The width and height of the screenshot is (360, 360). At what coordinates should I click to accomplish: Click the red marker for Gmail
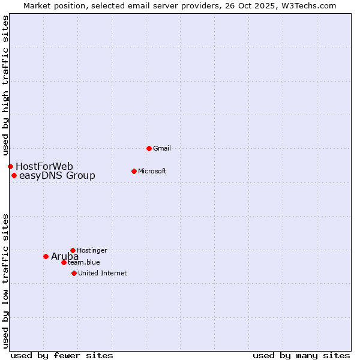click(x=149, y=148)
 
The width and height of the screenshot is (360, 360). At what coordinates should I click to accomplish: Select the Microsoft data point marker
click(x=134, y=171)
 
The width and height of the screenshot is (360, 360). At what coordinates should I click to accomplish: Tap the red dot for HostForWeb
click(x=10, y=166)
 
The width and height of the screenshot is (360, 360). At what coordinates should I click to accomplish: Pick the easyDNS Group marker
click(x=14, y=175)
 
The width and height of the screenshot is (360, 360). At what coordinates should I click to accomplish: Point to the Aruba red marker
click(x=46, y=256)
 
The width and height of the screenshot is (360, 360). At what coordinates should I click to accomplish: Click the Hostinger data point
click(x=73, y=250)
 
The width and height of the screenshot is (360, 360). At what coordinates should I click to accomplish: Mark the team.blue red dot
click(x=64, y=262)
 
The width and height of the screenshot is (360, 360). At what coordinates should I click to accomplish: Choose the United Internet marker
click(x=74, y=273)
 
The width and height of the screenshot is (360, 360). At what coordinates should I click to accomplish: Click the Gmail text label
click(x=162, y=148)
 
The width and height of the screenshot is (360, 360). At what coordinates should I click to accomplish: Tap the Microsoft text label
click(x=152, y=171)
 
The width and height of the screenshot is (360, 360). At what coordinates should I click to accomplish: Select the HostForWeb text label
click(x=44, y=166)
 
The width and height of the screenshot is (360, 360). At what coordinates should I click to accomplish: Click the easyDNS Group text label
click(x=57, y=176)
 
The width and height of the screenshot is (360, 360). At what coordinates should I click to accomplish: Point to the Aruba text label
click(x=65, y=257)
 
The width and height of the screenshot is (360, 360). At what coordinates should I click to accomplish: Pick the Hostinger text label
click(x=92, y=250)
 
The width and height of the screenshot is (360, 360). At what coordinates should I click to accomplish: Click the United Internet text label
click(x=102, y=273)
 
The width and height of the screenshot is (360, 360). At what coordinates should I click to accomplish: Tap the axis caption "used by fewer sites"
click(x=62, y=355)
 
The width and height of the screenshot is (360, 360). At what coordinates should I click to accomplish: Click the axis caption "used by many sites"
click(x=301, y=355)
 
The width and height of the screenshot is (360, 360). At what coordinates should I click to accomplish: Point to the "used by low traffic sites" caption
click(x=5, y=281)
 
